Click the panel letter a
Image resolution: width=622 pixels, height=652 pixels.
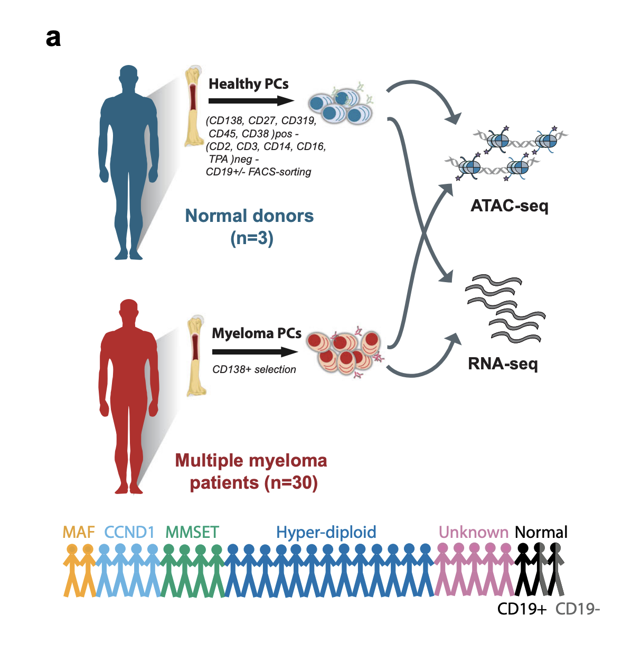pos(53,39)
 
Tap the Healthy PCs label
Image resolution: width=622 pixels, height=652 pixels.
pos(248,84)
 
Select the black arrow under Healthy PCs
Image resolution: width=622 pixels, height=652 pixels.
pos(251,100)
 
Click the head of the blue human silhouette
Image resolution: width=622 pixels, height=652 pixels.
pos(129,77)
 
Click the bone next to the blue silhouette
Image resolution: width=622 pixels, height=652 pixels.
pos(194,106)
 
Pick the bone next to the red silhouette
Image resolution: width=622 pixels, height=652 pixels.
pos(196,356)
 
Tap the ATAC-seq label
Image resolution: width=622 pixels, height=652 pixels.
pos(509,206)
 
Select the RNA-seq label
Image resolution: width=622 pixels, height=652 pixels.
pos(503,364)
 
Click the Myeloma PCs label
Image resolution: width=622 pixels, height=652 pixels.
pos(257,333)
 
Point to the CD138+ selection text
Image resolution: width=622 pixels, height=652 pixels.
pos(254,370)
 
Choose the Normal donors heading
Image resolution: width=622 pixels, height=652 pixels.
pos(249,216)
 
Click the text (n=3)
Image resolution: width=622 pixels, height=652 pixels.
pos(252,238)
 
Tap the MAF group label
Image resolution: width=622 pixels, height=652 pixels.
pos(79,532)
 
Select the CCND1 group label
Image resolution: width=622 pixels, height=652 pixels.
pos(129,532)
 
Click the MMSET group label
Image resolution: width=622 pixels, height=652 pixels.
pos(192,532)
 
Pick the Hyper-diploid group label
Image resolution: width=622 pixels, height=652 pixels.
pos(326,532)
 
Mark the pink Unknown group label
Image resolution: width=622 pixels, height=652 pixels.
pos(473,532)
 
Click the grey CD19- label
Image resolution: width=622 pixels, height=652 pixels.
pos(578,609)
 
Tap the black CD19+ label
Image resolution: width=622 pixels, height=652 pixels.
pos(522,609)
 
